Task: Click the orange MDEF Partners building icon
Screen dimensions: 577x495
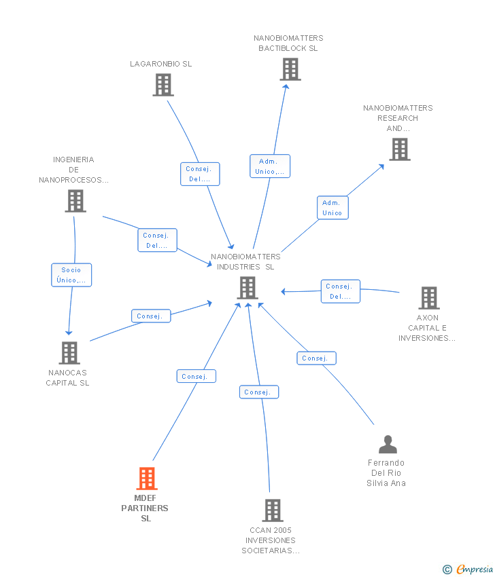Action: point(146,479)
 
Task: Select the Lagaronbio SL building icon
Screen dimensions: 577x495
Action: point(163,85)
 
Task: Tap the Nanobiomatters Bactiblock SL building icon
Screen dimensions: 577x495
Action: point(290,69)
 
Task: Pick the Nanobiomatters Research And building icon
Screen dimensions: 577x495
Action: point(400,149)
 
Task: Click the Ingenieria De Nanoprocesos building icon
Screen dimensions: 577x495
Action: point(75,201)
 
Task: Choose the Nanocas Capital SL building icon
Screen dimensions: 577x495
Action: point(69,353)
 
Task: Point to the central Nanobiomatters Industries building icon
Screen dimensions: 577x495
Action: point(247,288)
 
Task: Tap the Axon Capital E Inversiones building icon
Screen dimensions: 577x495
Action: point(428,298)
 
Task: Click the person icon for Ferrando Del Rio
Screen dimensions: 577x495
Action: point(388,445)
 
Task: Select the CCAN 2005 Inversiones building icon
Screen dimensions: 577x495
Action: point(272,510)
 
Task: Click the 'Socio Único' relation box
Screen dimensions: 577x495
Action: point(71,275)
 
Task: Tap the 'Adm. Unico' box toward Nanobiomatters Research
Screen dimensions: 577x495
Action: point(332,208)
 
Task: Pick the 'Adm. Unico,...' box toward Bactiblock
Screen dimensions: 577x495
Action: point(270,166)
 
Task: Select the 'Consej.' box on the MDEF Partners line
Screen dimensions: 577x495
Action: point(196,376)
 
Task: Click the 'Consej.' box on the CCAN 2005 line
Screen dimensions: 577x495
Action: point(258,392)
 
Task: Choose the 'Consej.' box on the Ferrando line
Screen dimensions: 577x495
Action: point(316,358)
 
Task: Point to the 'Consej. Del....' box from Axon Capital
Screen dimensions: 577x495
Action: point(340,291)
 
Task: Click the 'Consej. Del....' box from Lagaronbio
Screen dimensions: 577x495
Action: point(200,174)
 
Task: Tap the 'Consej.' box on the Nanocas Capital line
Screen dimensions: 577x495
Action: point(150,316)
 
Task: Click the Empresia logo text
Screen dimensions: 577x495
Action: point(475,570)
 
